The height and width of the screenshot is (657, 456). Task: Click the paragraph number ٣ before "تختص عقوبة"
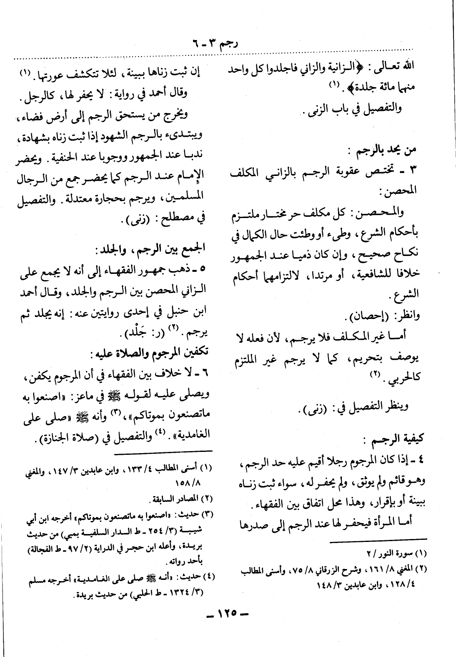(414, 170)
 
